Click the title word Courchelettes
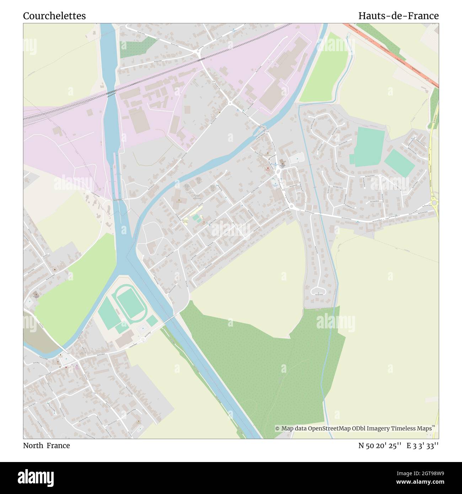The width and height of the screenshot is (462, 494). point(54,16)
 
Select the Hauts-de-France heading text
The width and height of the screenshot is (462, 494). point(398,16)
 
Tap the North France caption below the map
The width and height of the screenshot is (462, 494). point(46,445)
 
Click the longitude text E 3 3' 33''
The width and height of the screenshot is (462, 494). point(423,445)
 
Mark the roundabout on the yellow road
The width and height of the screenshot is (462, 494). point(434,203)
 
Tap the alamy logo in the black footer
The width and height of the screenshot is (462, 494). point(36,478)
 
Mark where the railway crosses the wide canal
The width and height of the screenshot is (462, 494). point(111,93)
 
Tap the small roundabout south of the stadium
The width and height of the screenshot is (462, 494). point(144,339)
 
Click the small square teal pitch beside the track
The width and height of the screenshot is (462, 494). point(152,321)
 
